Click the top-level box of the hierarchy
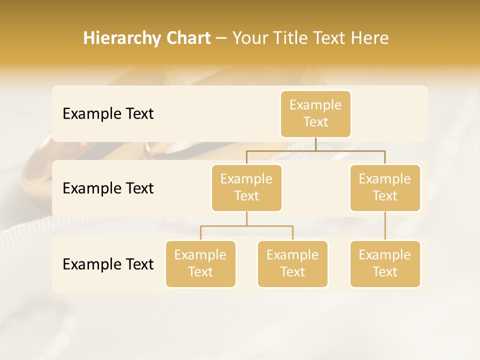point(315,113)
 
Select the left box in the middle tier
point(246,187)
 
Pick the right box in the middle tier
point(385,187)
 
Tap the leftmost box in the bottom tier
point(200,263)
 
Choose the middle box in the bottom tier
point(292,263)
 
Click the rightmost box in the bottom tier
point(385,263)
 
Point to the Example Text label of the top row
point(108,114)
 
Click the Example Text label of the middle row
point(108,188)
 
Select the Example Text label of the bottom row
point(108,264)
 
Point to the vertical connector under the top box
point(315,143)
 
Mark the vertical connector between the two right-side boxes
point(385,225)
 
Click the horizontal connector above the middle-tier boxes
point(315,150)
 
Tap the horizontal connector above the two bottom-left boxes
point(246,226)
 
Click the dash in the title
point(221,38)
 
